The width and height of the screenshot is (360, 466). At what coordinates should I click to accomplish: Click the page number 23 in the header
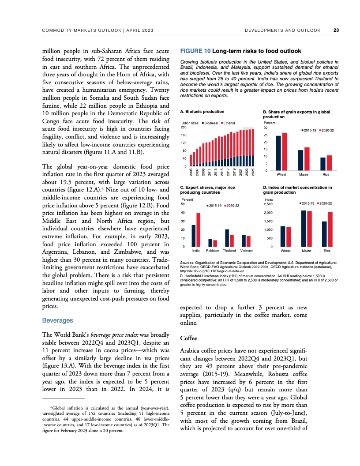[x=336, y=30]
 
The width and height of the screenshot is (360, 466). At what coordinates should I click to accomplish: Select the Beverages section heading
[x=57, y=320]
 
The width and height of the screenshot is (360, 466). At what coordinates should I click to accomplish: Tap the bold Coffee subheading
[x=189, y=338]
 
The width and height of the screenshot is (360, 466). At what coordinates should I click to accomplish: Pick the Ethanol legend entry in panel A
[x=229, y=122]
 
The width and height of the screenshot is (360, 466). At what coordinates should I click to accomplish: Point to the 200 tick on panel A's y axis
[x=184, y=127]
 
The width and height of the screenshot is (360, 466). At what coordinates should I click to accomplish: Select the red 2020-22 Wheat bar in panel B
[x=285, y=151]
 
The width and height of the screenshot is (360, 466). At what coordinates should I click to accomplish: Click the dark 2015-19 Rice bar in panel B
[x=322, y=164]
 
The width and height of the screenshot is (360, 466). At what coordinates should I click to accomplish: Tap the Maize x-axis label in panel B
[x=304, y=175]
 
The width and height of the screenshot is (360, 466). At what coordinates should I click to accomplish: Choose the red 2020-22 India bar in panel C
[x=199, y=229]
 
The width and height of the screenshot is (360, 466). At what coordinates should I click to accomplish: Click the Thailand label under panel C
[x=229, y=251]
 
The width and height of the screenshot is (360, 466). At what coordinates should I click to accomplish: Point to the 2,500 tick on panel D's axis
[x=268, y=204]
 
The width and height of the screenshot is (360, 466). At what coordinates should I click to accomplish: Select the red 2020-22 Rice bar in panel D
[x=330, y=229]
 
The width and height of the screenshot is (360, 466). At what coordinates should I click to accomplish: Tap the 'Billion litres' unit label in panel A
[x=190, y=122]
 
